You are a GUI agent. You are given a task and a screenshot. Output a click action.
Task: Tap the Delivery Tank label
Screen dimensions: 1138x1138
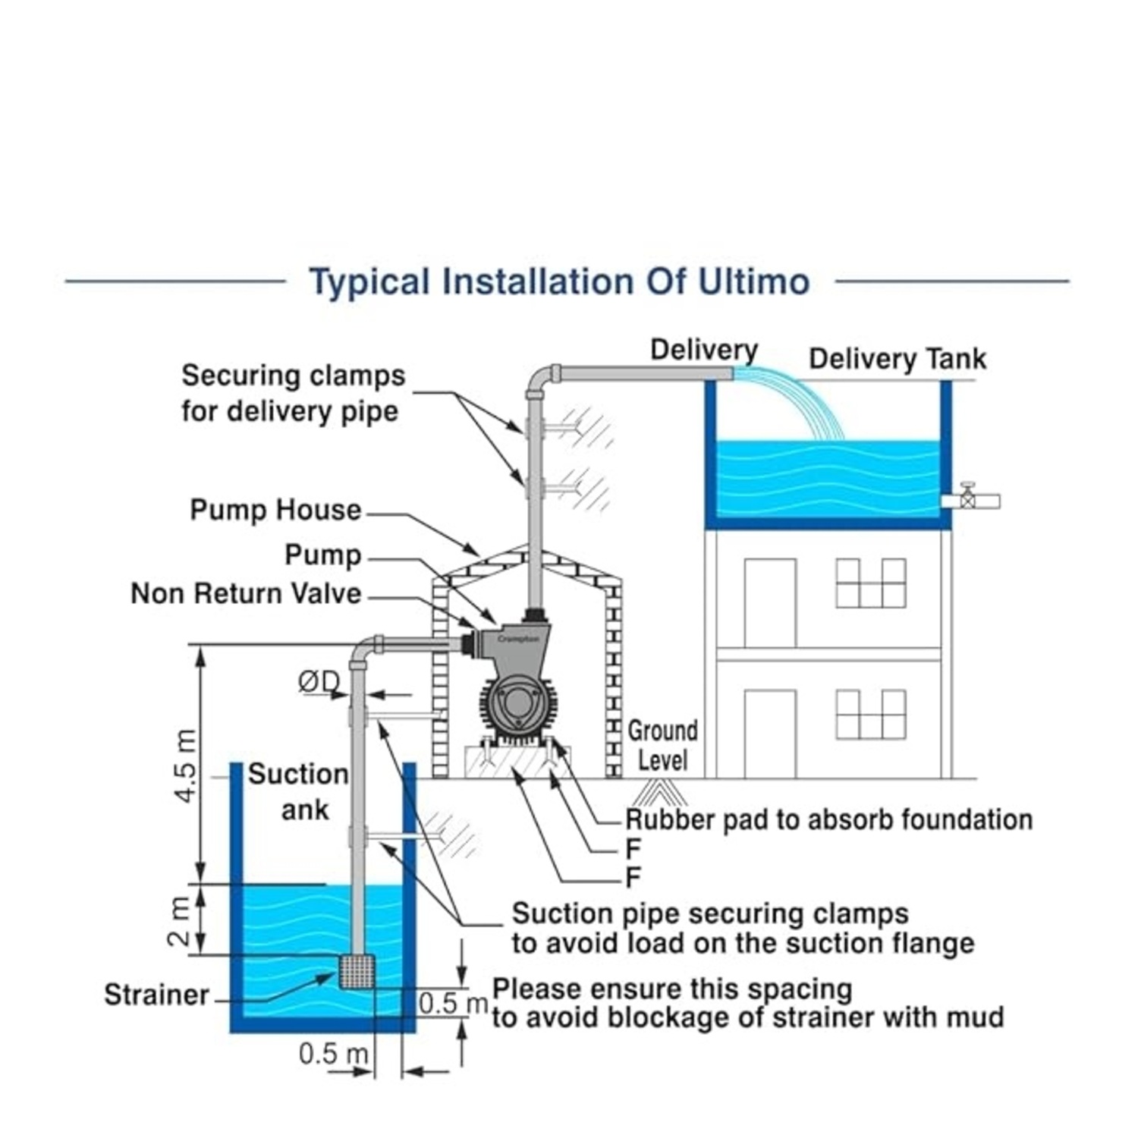point(898,359)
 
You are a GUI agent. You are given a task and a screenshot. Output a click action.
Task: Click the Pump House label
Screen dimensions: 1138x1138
point(275,510)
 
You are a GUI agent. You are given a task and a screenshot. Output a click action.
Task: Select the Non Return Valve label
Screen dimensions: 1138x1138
point(246,593)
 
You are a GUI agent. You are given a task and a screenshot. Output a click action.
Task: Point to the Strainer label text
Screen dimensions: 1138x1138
point(156,995)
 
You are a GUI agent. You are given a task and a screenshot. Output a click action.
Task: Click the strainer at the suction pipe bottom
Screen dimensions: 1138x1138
point(357,971)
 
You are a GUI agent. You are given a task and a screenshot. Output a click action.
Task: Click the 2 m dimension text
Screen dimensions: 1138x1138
point(179,920)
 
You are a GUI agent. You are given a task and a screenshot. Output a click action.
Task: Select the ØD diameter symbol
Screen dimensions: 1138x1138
point(319,682)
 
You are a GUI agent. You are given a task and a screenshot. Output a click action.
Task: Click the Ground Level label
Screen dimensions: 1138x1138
point(662,745)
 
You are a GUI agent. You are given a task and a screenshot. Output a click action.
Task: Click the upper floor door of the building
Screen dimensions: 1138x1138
point(770,603)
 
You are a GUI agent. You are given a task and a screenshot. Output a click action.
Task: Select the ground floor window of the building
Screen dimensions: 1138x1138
point(871,714)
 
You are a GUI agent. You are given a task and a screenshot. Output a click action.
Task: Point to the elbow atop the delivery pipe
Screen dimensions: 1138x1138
point(539,379)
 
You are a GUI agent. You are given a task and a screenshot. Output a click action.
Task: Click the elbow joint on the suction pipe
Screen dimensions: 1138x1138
point(365,650)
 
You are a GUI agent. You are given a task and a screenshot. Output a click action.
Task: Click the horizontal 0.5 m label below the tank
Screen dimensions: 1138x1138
point(333,1054)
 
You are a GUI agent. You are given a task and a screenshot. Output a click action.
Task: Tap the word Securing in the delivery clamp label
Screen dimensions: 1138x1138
point(231,376)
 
